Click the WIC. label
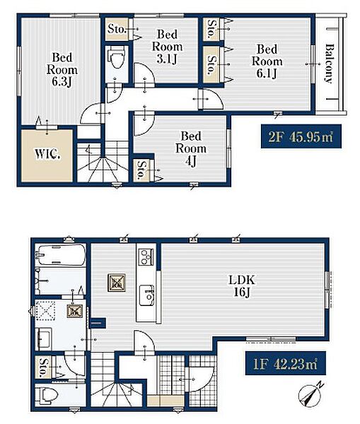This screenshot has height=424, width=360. click(47, 154)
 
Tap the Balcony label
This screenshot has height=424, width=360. click(329, 64)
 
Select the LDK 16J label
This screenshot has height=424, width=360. click(242, 285)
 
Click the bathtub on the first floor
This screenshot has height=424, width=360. click(61, 255)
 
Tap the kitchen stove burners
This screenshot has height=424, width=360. click(146, 257)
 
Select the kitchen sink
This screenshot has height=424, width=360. click(147, 295)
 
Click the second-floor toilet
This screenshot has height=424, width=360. click(117, 58)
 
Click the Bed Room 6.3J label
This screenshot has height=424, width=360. click(62, 69)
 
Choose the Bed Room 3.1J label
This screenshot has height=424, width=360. click(167, 46)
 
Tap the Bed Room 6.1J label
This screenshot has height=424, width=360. click(267, 61)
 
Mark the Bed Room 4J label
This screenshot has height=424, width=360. click(191, 148)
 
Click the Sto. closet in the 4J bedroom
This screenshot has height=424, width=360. click(141, 170)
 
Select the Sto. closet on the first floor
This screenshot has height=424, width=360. click(43, 367)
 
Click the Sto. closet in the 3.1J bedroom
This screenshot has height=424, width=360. click(117, 29)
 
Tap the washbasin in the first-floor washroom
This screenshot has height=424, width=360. click(43, 338)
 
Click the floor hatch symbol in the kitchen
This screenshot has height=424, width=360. click(117, 283)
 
